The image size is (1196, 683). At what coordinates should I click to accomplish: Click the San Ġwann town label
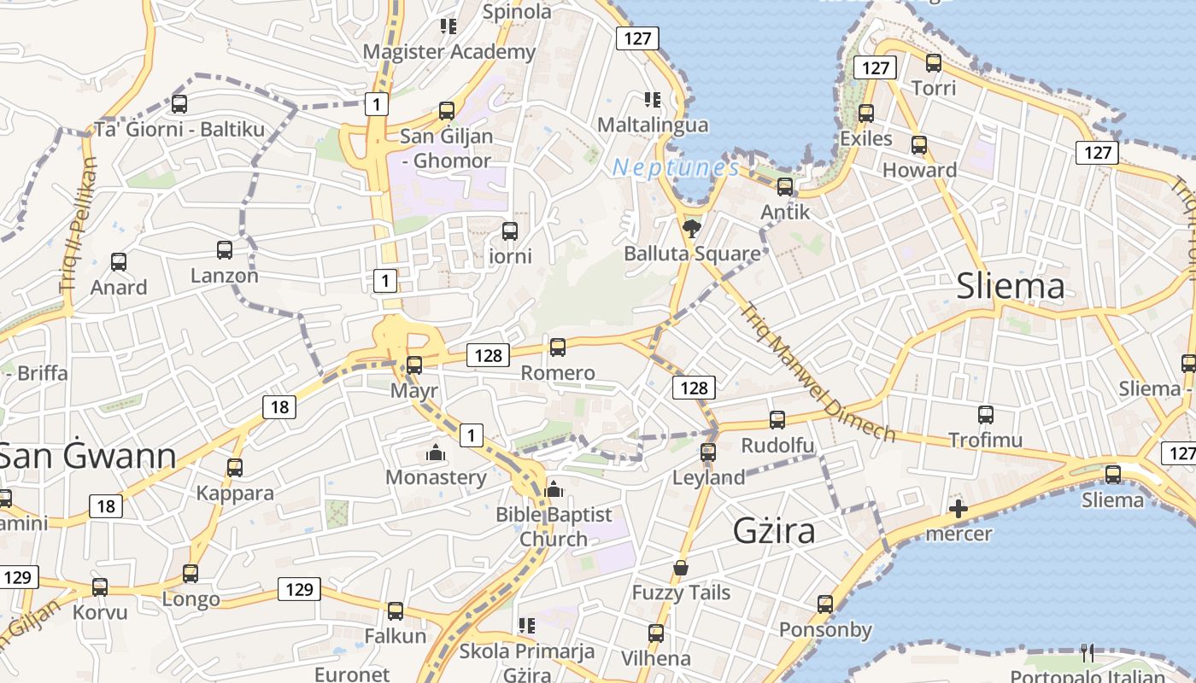point(88,457)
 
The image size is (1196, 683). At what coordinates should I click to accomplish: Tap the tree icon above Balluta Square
point(691,228)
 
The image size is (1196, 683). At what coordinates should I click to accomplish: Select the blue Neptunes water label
point(676,167)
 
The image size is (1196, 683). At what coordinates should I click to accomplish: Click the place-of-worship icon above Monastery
point(436,452)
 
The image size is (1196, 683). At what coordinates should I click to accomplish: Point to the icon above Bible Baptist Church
point(554,490)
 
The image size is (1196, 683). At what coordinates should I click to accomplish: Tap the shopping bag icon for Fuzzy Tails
point(681,568)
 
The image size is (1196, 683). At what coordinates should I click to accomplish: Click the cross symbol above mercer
point(959,510)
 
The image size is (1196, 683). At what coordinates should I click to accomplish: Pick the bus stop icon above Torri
point(934,63)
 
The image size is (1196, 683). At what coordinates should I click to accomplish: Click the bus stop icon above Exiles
point(866,114)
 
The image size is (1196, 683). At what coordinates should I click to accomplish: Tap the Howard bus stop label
point(919,170)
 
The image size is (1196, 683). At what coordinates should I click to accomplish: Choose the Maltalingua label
point(653,125)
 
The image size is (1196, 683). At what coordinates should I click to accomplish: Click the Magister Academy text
point(449,52)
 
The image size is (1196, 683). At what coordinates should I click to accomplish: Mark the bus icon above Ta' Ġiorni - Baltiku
point(179,104)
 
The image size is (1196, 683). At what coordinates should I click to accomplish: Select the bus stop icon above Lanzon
point(225,250)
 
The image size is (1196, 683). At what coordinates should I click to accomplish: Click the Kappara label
point(235,493)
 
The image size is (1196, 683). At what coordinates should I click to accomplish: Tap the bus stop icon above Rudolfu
point(777,420)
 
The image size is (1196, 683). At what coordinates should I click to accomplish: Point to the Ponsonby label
point(825,630)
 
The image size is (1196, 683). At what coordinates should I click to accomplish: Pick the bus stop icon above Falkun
point(396,611)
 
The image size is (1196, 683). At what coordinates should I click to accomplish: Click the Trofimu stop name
point(985,441)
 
